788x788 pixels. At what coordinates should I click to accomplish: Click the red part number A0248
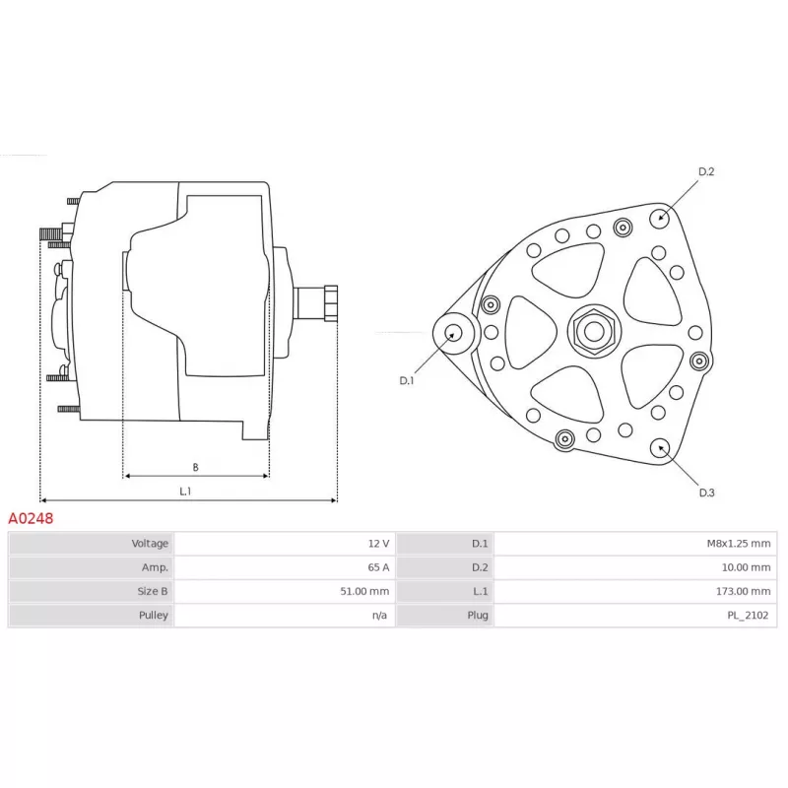31,518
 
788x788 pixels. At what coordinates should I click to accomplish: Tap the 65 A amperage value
378,567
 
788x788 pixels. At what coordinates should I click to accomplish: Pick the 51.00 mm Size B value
364,592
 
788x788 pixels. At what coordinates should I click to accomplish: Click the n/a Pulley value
379,615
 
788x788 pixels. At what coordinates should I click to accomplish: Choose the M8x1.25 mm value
738,544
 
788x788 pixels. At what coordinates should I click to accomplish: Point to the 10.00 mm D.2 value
746,567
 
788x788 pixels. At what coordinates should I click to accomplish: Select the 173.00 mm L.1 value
743,592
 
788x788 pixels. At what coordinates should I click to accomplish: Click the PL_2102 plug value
748,615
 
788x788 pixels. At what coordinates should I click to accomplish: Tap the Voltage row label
150,544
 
